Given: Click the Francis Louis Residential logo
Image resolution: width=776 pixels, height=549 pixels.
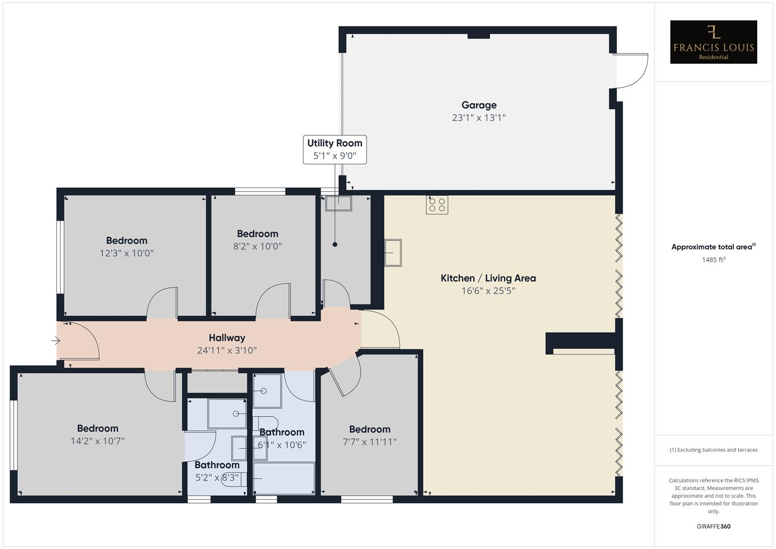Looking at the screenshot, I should pyautogui.click(x=713, y=42).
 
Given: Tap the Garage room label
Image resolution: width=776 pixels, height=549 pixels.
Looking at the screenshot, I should pyautogui.click(x=479, y=105).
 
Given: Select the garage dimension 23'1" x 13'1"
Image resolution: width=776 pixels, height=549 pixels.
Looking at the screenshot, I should pyautogui.click(x=479, y=118).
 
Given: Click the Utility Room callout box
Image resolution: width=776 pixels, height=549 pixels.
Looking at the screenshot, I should pyautogui.click(x=334, y=149).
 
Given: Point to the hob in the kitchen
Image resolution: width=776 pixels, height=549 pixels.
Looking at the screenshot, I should pyautogui.click(x=437, y=205).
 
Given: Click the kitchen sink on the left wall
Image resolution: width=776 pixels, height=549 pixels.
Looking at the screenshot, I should pyautogui.click(x=393, y=253).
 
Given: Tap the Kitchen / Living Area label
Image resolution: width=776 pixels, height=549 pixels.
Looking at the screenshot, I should pyautogui.click(x=488, y=278).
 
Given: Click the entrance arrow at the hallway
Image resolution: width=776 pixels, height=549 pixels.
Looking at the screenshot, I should pyautogui.click(x=56, y=341).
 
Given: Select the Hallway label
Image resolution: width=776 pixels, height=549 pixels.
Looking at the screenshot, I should pyautogui.click(x=227, y=338).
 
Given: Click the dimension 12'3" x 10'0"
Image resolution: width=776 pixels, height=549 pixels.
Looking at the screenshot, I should pyautogui.click(x=127, y=253).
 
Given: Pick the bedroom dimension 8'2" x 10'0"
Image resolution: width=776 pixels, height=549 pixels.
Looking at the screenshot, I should pyautogui.click(x=257, y=247).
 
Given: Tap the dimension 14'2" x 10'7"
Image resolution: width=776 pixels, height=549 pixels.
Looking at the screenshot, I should pyautogui.click(x=98, y=441).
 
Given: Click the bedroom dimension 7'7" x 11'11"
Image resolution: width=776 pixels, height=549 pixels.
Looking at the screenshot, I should pyautogui.click(x=369, y=442).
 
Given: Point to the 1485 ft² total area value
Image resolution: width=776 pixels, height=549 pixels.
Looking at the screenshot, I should pyautogui.click(x=713, y=260).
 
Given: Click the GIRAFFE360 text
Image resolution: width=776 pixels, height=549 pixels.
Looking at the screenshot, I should pyautogui.click(x=713, y=527).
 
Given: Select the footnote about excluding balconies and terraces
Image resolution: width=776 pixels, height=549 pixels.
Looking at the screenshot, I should pyautogui.click(x=713, y=450).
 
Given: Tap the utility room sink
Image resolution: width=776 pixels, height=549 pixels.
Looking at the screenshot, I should pyautogui.click(x=338, y=203).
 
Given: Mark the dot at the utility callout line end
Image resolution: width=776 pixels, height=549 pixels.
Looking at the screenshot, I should pyautogui.click(x=335, y=245).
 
